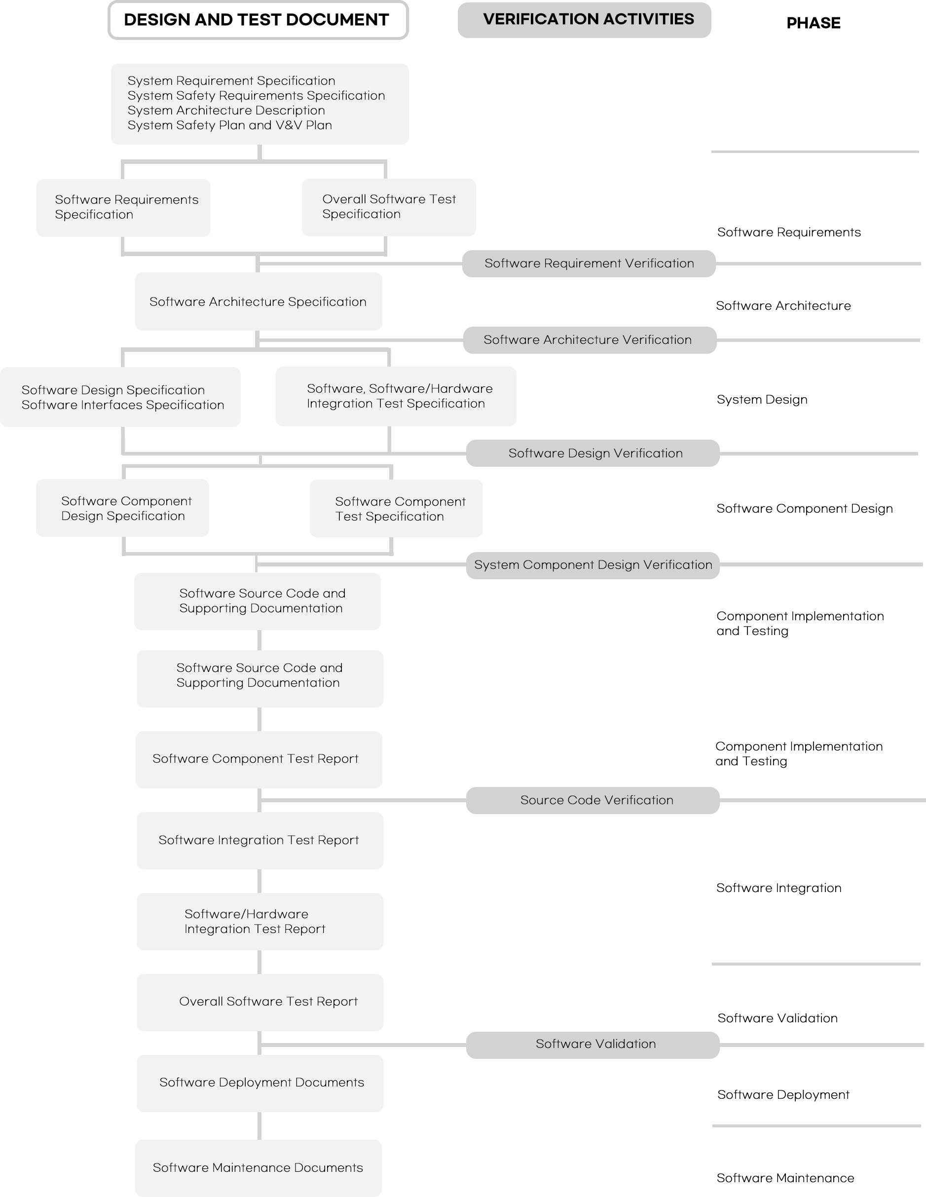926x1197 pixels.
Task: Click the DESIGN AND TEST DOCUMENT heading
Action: pyautogui.click(x=257, y=20)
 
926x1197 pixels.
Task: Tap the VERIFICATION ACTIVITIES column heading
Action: pyautogui.click(x=589, y=19)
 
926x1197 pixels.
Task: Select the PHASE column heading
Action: pyautogui.click(x=813, y=23)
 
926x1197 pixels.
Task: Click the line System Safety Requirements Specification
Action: pyautogui.click(x=256, y=96)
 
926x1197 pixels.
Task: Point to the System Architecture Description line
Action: pyautogui.click(x=226, y=111)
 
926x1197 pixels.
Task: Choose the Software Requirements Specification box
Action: pyautogui.click(x=124, y=208)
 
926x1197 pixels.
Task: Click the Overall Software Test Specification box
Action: pyautogui.click(x=388, y=207)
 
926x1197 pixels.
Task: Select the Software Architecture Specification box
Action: pyautogui.click(x=258, y=301)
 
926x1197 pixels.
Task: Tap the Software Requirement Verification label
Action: pyautogui.click(x=589, y=263)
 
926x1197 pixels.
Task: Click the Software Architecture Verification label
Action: pyautogui.click(x=588, y=340)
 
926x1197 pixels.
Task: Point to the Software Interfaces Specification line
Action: pyautogui.click(x=123, y=405)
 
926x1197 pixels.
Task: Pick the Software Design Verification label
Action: pyautogui.click(x=595, y=453)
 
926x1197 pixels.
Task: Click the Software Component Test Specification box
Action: pyautogui.click(x=396, y=509)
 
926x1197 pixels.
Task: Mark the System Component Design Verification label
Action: pyautogui.click(x=593, y=565)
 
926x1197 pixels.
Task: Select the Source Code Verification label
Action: pyautogui.click(x=596, y=800)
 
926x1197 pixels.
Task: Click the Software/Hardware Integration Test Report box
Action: pyautogui.click(x=259, y=922)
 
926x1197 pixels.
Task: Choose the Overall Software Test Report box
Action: pyautogui.click(x=259, y=1003)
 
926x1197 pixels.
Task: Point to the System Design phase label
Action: pyautogui.click(x=762, y=400)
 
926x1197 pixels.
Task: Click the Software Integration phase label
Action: pyautogui.click(x=778, y=888)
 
